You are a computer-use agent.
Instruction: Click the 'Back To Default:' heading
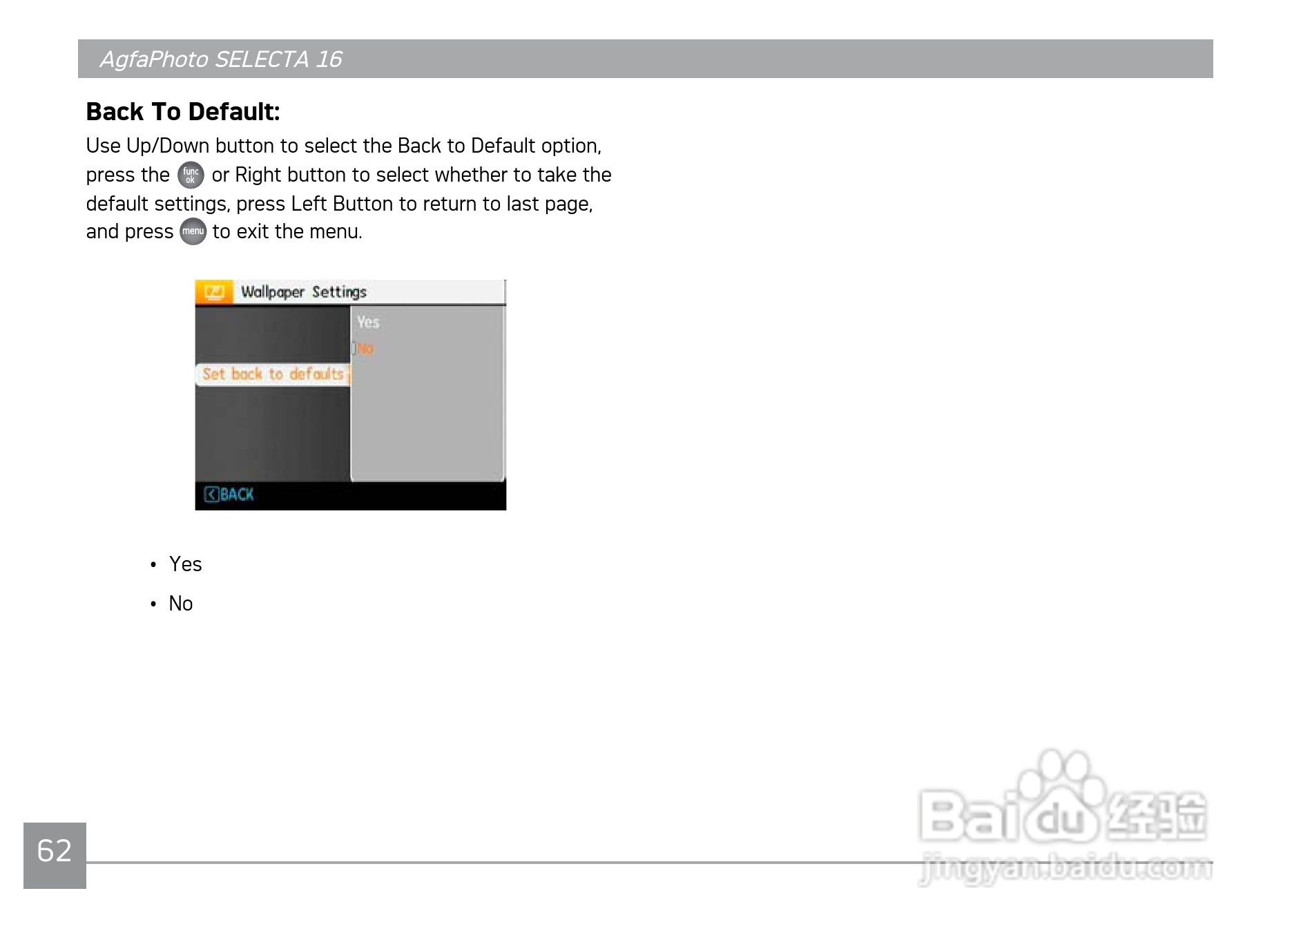click(x=183, y=112)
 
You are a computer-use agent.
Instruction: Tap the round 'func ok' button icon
click(x=191, y=175)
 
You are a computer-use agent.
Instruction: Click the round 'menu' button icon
click(x=193, y=231)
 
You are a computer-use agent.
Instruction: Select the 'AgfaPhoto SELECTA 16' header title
click(x=221, y=59)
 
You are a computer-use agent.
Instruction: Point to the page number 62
click(x=55, y=851)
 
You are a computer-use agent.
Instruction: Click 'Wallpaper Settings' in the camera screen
click(x=304, y=292)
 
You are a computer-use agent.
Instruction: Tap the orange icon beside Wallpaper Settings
click(x=214, y=292)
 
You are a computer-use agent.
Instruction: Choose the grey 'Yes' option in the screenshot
click(x=368, y=322)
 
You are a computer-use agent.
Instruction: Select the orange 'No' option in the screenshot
click(x=365, y=349)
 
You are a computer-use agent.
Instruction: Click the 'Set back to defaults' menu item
click(x=273, y=374)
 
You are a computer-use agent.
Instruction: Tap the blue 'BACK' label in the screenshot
click(x=237, y=495)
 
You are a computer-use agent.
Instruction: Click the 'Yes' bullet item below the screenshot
click(x=186, y=564)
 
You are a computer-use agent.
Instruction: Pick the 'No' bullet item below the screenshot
click(x=181, y=604)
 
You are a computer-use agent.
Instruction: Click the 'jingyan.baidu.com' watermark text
click(x=1066, y=868)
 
